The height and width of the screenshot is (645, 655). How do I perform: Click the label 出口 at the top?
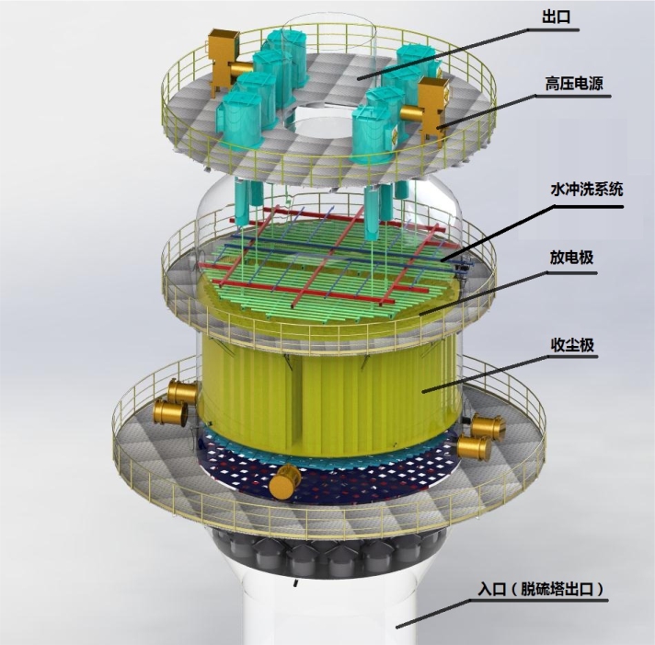(x=556, y=17)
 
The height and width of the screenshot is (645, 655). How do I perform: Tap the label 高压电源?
(x=574, y=84)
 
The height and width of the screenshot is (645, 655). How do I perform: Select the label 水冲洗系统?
(x=587, y=190)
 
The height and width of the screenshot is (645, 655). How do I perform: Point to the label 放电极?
(x=571, y=258)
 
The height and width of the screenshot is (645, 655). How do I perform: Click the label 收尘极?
(x=572, y=345)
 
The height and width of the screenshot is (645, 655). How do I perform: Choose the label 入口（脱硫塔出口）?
(x=542, y=589)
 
